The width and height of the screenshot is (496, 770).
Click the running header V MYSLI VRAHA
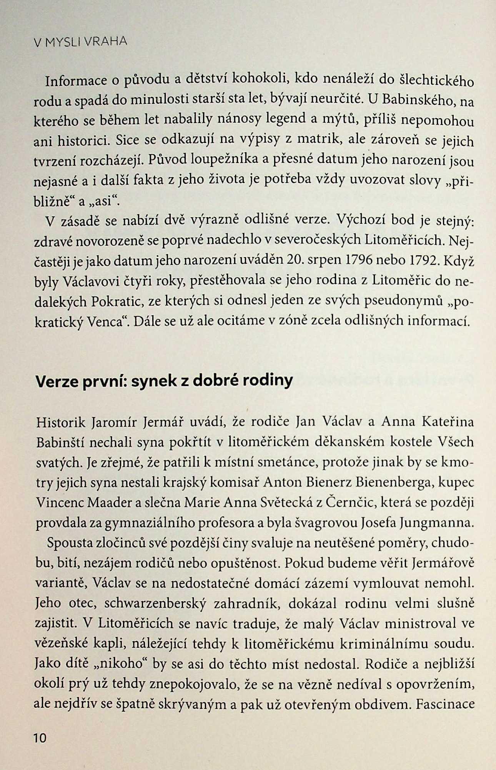tap(80, 42)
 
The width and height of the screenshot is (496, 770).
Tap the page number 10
tap(40, 738)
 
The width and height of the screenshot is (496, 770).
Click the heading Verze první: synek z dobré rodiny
tap(164, 381)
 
